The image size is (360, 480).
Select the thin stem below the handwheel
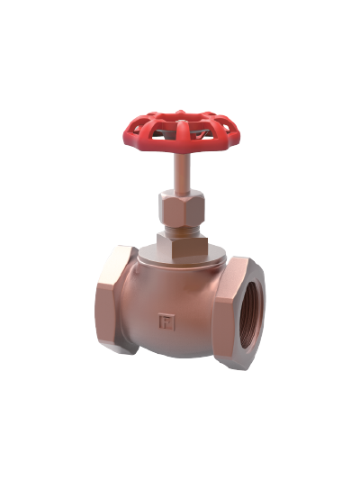181,173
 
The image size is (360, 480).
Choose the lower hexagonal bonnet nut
181,243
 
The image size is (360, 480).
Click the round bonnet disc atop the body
180,261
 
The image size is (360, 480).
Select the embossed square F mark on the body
166,321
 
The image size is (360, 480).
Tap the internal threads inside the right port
253,311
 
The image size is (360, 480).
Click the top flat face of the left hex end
117,253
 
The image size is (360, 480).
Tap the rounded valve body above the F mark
171,288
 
